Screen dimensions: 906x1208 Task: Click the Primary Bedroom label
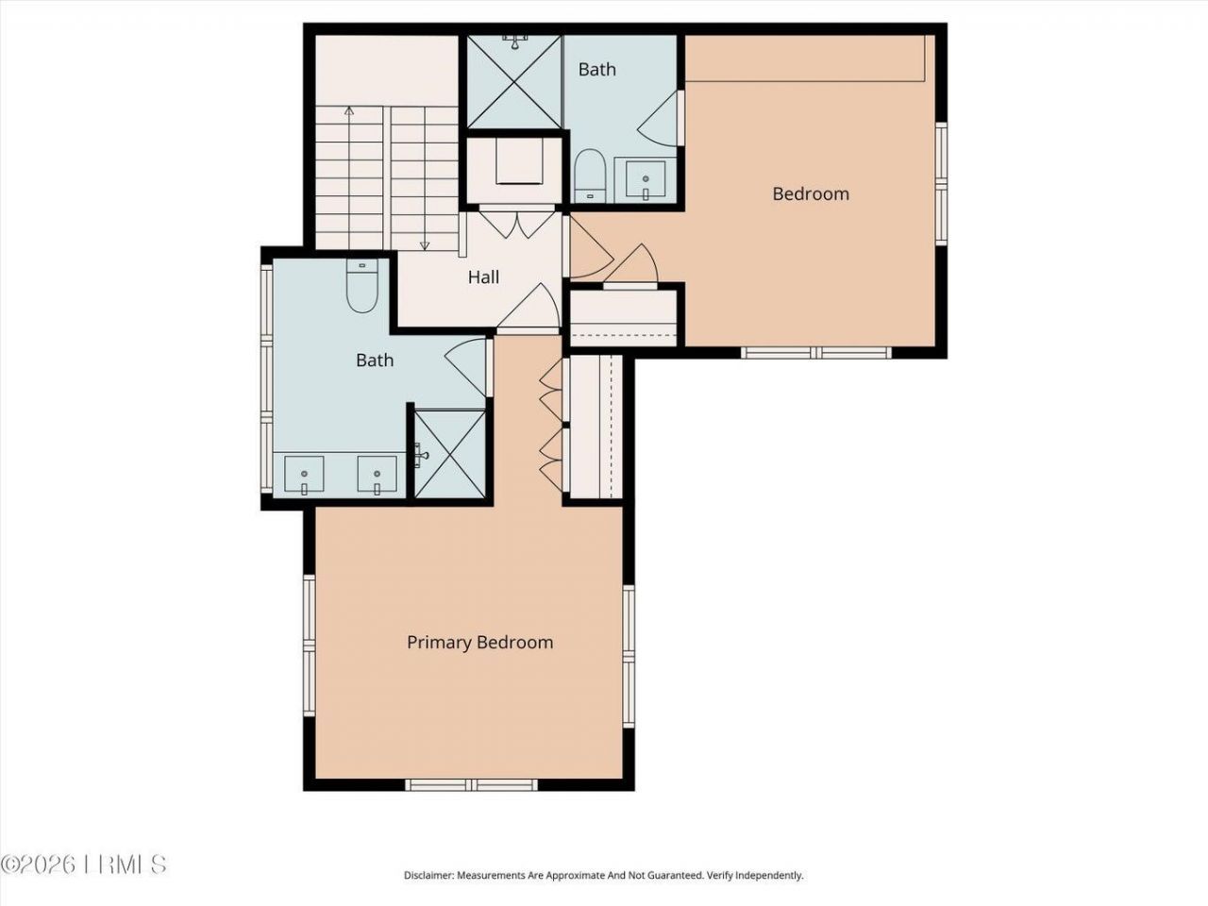[x=479, y=643]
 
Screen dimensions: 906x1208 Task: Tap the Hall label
[x=483, y=277]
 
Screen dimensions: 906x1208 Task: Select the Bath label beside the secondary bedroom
[x=596, y=70]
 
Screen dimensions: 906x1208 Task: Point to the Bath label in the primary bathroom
[x=375, y=361]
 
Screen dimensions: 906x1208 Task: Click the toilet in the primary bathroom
[x=361, y=286]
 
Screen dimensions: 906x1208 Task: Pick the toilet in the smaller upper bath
[x=590, y=176]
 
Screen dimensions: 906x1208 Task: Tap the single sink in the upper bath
[x=646, y=179]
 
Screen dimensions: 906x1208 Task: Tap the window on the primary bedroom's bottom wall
[x=471, y=784]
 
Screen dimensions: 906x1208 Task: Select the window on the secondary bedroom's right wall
[x=940, y=184]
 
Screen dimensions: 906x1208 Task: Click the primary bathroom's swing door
[x=467, y=366]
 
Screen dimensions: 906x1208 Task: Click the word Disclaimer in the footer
[x=428, y=876]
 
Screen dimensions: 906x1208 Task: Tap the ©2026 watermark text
[x=38, y=864]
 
